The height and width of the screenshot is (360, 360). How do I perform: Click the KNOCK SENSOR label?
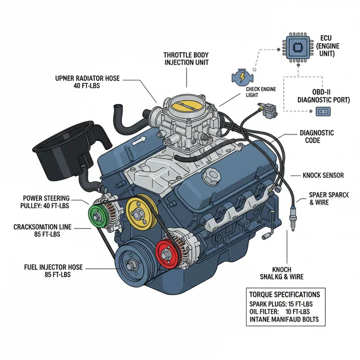click(323, 175)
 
